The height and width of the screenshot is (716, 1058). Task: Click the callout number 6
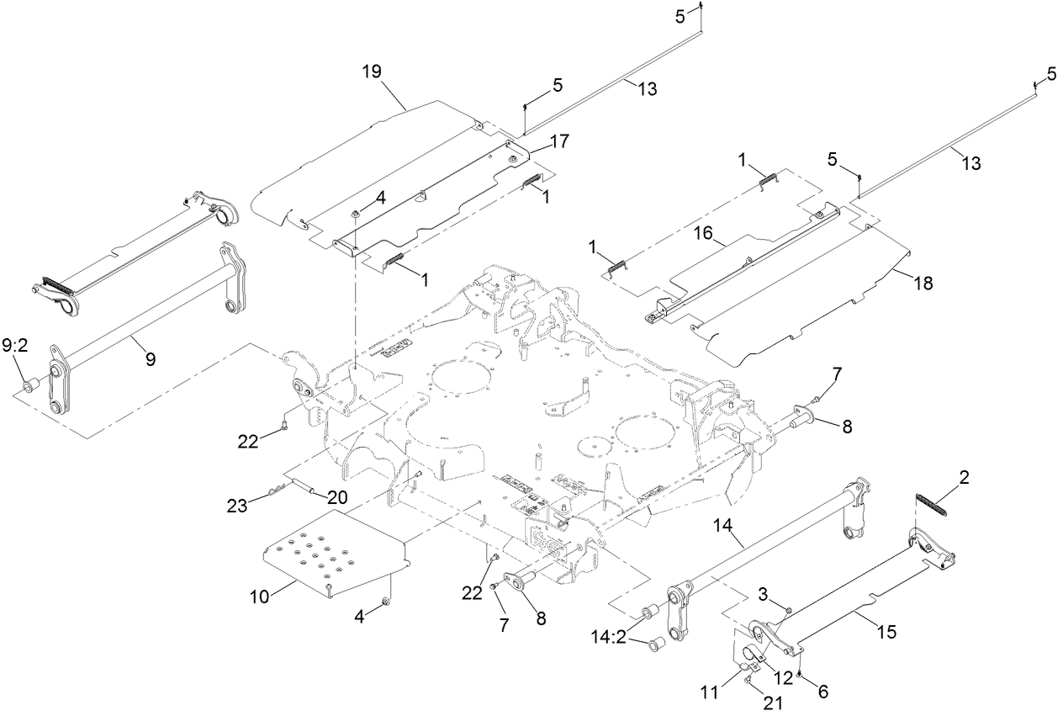(823, 692)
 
